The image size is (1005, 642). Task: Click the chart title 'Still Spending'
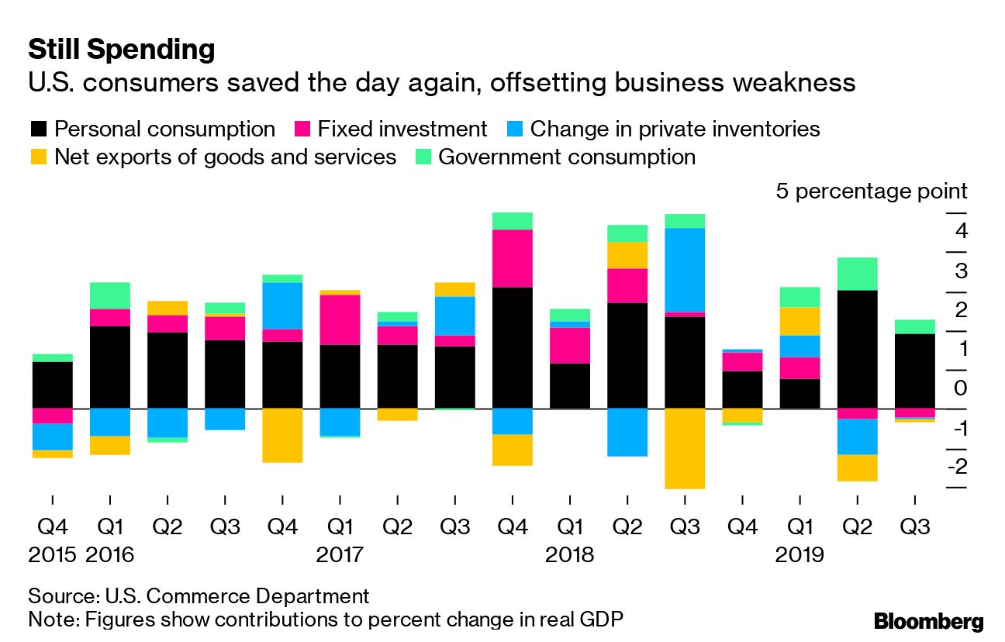(x=121, y=50)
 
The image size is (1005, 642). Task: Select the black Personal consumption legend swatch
(x=38, y=129)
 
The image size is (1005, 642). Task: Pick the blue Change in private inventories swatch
(x=514, y=129)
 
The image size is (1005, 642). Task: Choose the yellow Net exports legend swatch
(x=38, y=157)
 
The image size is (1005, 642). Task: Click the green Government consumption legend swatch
(x=423, y=157)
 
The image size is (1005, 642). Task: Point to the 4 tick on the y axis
(x=960, y=230)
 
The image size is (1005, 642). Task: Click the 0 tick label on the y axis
(x=960, y=388)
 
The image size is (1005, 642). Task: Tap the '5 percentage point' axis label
(x=872, y=192)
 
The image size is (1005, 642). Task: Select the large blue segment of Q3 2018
(x=685, y=270)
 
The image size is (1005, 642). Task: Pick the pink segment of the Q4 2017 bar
(x=513, y=258)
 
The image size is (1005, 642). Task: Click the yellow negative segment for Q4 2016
(x=282, y=435)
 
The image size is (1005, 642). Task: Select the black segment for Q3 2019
(x=914, y=371)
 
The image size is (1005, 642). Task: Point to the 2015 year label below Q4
(x=53, y=555)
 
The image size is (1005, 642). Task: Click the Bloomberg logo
(x=928, y=621)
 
